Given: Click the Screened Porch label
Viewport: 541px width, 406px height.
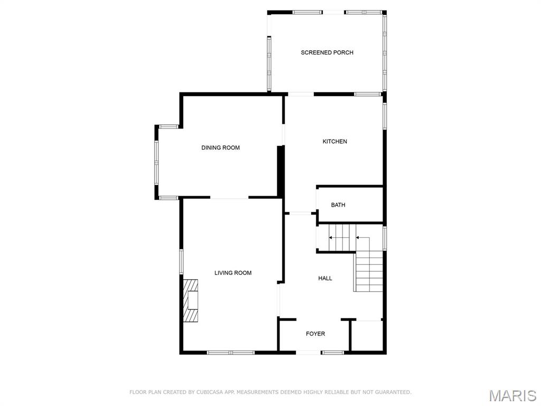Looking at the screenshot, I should click(327, 53).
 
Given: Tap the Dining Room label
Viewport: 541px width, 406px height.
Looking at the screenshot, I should click(220, 148).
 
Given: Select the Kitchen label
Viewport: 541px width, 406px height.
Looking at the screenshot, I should click(335, 142).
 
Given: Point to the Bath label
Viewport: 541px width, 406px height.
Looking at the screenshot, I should click(338, 205).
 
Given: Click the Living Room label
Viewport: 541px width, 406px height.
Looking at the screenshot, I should click(233, 273).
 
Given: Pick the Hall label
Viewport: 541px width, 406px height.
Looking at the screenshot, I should click(325, 279).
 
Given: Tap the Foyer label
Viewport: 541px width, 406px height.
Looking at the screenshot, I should click(315, 334).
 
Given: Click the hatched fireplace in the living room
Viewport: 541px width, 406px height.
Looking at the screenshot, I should click(191, 300).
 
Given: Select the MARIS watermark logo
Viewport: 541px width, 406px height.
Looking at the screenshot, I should click(512, 395).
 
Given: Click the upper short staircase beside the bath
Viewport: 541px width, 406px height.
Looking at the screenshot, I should click(340, 237).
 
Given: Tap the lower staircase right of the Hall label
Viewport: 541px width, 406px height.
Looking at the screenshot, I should click(368, 271).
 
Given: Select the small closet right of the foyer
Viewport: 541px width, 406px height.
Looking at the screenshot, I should click(368, 336).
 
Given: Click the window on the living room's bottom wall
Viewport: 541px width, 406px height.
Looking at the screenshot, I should click(230, 353).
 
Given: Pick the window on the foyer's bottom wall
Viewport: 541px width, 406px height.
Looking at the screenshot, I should click(333, 353).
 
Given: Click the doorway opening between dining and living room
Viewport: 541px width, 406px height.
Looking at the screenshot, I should click(229, 198).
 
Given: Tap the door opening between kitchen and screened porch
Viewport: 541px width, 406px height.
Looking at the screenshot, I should click(300, 95).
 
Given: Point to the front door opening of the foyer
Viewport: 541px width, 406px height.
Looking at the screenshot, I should click(308, 353).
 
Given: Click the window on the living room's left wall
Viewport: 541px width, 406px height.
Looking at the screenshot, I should click(181, 262).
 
